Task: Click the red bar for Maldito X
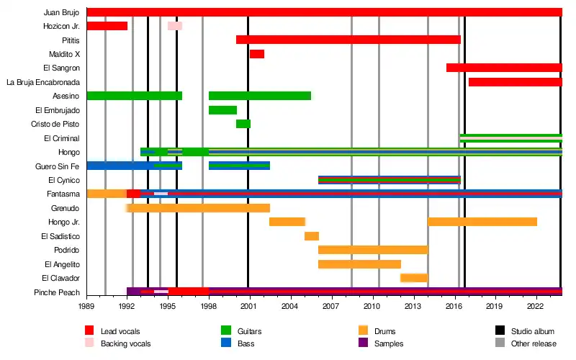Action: pyautogui.click(x=257, y=54)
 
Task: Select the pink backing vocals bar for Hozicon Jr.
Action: pyautogui.click(x=175, y=26)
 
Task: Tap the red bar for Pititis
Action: pyautogui.click(x=348, y=40)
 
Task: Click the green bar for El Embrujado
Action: pyautogui.click(x=222, y=110)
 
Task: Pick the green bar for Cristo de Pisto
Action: pyautogui.click(x=243, y=124)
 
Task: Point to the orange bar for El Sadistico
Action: pyautogui.click(x=312, y=236)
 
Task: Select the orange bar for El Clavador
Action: pyautogui.click(x=414, y=278)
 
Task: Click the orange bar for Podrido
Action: pyautogui.click(x=373, y=250)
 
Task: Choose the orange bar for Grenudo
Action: pyautogui.click(x=198, y=208)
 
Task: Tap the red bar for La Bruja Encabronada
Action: pyautogui.click(x=515, y=82)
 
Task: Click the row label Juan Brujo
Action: pyautogui.click(x=61, y=12)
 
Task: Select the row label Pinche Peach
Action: pyautogui.click(x=57, y=292)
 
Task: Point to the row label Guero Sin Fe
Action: pyautogui.click(x=57, y=166)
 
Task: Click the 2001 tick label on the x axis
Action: pyautogui.click(x=249, y=306)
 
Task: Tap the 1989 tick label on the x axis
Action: pyautogui.click(x=86, y=306)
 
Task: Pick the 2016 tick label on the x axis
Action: pyautogui.click(x=454, y=306)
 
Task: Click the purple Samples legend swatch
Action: pyautogui.click(x=363, y=343)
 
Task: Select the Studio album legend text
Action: pyautogui.click(x=532, y=331)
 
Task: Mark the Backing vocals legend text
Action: pyautogui.click(x=125, y=343)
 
